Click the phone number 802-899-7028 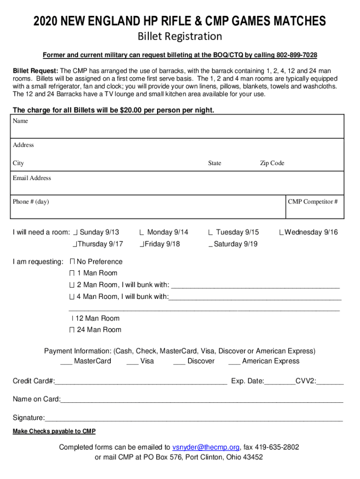pos(297,55)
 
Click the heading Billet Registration pos(180,36)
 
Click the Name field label pos(21,121)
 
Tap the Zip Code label pos(272,163)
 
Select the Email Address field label pos(32,178)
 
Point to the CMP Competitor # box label pos(313,202)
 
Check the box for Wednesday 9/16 pos(281,232)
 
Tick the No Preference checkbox pos(72,261)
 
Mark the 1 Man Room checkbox pos(72,273)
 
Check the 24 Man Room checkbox pos(72,330)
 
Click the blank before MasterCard pos(66,362)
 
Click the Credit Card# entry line pos(140,382)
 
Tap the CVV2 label pos(305,381)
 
